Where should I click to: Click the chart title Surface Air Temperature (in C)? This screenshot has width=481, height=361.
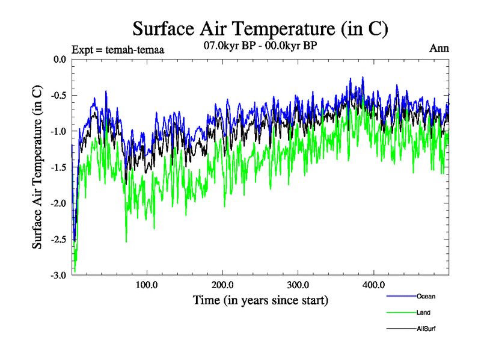[260, 28]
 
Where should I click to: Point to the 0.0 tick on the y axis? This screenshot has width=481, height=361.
[58, 59]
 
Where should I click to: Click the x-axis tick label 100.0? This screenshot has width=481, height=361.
[147, 285]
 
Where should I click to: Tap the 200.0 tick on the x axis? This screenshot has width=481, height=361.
[223, 285]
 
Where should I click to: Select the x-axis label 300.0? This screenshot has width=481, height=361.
[298, 285]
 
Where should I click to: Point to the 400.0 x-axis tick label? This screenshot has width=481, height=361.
[374, 285]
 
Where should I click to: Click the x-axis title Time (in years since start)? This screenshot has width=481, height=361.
[260, 300]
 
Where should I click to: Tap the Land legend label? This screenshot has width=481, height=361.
[423, 313]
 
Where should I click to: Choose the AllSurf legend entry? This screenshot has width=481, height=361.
[426, 329]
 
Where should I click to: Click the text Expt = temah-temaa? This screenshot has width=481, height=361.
[118, 49]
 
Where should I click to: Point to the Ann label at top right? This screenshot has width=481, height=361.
[439, 48]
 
